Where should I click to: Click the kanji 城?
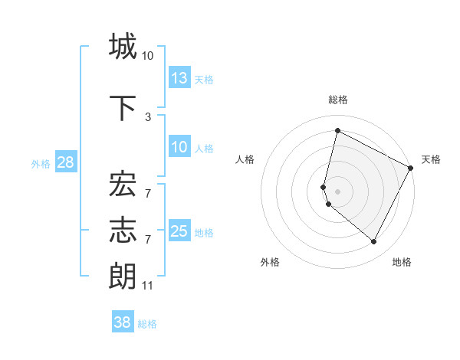(x=123, y=47)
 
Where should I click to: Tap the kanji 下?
(x=123, y=108)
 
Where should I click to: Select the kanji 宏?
(x=123, y=185)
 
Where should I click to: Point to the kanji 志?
(x=123, y=231)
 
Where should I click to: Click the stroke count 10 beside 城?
(x=148, y=56)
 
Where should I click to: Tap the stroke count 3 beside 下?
(x=148, y=117)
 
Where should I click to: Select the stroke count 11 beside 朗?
(x=148, y=286)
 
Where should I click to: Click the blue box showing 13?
(x=179, y=77)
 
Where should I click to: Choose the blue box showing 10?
(x=179, y=147)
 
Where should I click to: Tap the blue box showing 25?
(x=179, y=231)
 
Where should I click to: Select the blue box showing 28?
(x=64, y=162)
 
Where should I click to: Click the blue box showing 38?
(x=122, y=322)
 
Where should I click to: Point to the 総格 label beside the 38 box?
(x=147, y=324)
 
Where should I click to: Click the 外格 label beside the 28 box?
(x=41, y=163)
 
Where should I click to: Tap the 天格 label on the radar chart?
(x=431, y=159)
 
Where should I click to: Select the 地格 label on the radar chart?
(x=402, y=262)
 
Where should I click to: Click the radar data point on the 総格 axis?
(x=337, y=130)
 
